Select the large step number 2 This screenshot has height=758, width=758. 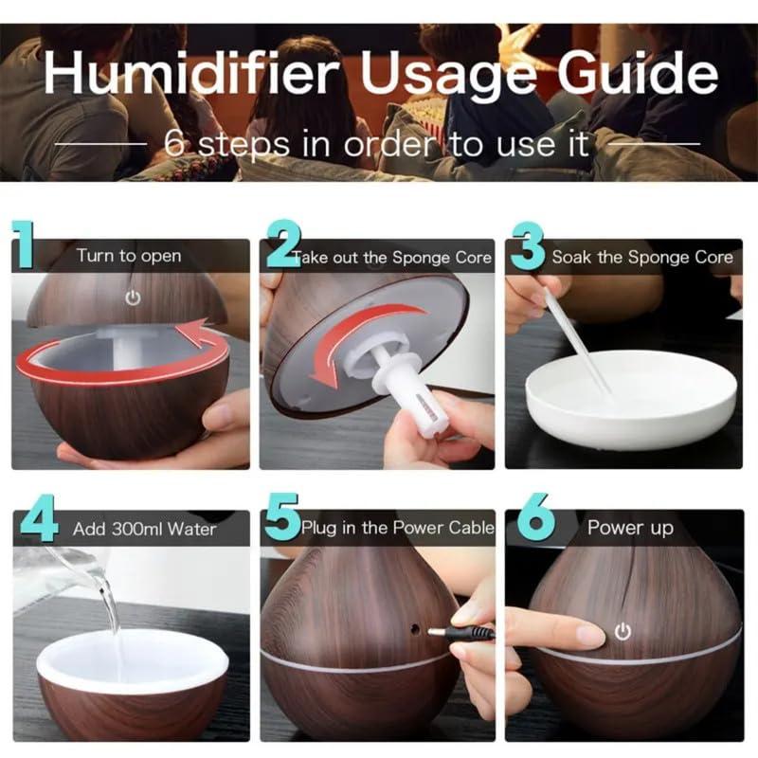(x=281, y=247)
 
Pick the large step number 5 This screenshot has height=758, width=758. (x=281, y=519)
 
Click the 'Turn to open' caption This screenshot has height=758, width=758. (x=129, y=256)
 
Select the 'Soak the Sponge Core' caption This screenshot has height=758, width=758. (x=641, y=257)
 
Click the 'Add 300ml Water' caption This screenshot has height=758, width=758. (x=145, y=529)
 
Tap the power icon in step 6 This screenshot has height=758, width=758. (x=623, y=631)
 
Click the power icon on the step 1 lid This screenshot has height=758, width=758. (x=133, y=298)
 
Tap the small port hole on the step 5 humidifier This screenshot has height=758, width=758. (x=414, y=628)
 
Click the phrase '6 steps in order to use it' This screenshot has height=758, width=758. (x=376, y=144)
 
